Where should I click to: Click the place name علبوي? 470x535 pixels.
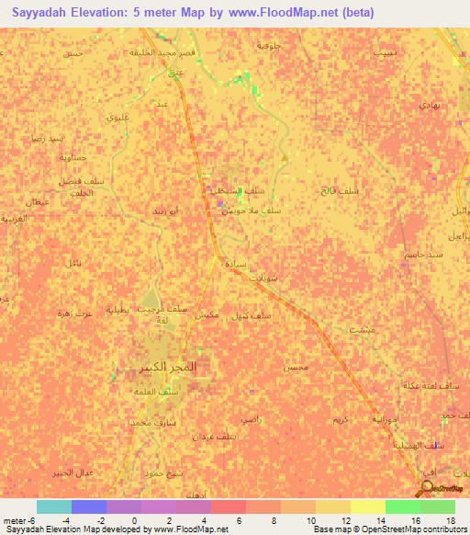click(x=117, y=119)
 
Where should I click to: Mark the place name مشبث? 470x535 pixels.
click(x=361, y=328)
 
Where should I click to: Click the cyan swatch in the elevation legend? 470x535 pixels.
click(x=53, y=507)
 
